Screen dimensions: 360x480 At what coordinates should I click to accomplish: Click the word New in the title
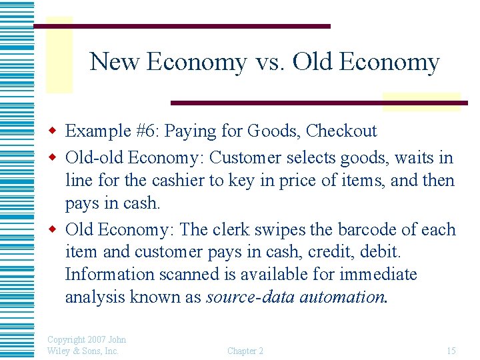(115, 62)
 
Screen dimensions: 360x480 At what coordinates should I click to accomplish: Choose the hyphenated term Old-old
(94, 159)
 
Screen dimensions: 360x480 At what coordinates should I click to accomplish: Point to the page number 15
(451, 351)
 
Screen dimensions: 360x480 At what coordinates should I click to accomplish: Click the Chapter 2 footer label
(245, 351)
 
